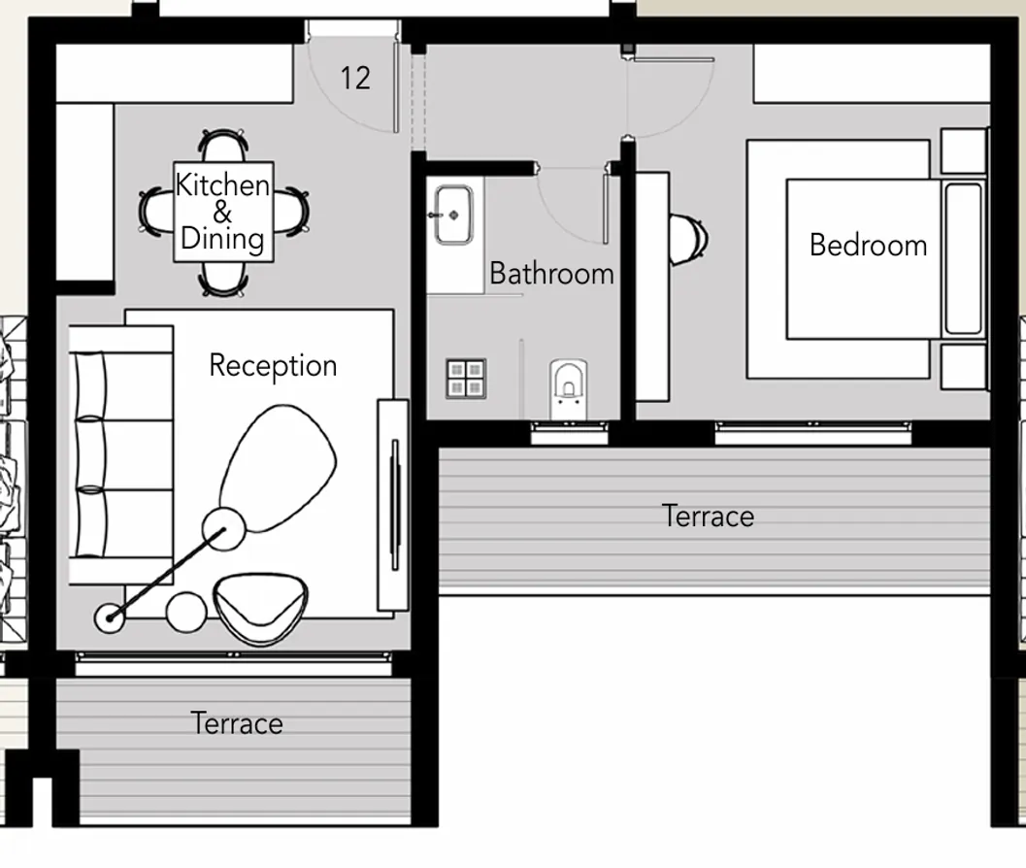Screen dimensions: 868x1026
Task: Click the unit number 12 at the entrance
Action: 355,78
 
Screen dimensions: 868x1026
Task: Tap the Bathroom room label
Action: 551,274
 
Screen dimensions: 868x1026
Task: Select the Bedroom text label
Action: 868,245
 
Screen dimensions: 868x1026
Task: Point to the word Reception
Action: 273,366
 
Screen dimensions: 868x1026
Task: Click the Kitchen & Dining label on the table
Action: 222,212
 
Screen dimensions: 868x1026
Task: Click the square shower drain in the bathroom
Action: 466,379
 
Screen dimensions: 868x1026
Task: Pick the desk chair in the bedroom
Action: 691,239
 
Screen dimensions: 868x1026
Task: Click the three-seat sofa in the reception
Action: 112,454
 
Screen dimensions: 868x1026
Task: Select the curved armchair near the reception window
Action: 260,607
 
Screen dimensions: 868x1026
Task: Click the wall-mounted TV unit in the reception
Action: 393,506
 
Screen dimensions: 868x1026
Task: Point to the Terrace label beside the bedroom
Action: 708,516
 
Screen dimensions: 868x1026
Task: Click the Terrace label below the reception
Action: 237,723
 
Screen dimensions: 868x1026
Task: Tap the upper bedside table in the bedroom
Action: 964,151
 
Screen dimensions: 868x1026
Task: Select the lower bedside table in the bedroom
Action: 964,366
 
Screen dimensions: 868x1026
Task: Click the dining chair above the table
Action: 223,146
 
